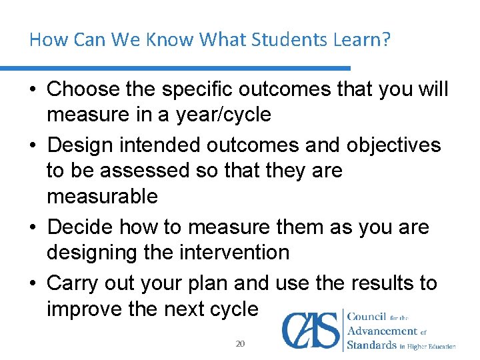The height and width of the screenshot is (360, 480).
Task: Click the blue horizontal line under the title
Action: point(175,68)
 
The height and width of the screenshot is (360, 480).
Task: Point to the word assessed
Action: point(136,171)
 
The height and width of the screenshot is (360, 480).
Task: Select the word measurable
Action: point(102,197)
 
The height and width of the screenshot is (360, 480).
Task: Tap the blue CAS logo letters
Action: point(311,330)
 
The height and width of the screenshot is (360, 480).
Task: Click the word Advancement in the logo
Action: point(382,331)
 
